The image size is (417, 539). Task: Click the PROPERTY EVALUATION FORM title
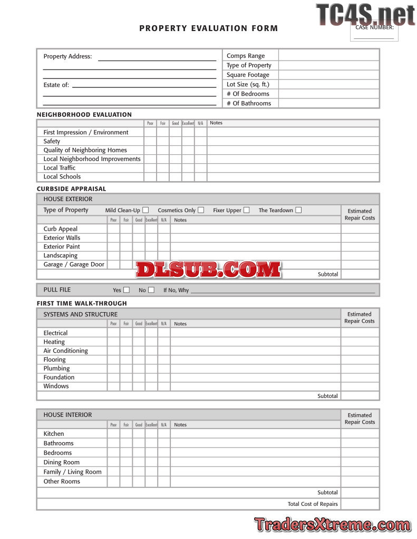[208, 28]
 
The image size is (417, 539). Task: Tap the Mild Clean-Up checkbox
[146, 210]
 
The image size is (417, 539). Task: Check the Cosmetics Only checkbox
[201, 210]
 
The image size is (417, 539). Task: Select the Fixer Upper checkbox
[247, 210]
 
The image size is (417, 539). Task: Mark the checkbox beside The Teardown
[298, 210]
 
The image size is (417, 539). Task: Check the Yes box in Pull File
[127, 290]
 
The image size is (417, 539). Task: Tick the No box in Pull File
[151, 290]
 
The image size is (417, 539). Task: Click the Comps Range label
[246, 56]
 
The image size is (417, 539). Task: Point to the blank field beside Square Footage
[328, 75]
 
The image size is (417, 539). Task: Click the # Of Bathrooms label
[249, 103]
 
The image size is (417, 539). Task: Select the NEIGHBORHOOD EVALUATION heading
[84, 114]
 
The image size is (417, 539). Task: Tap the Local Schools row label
[62, 177]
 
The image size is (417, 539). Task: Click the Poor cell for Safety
[150, 141]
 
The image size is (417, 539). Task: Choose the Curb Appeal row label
[60, 229]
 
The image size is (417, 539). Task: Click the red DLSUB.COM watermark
[208, 269]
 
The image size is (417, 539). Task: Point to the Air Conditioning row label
[65, 351]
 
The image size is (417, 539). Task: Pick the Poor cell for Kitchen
[113, 434]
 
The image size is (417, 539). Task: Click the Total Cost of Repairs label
[313, 504]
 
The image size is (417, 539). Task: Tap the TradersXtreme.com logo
[332, 525]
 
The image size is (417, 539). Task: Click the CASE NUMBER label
[374, 27]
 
